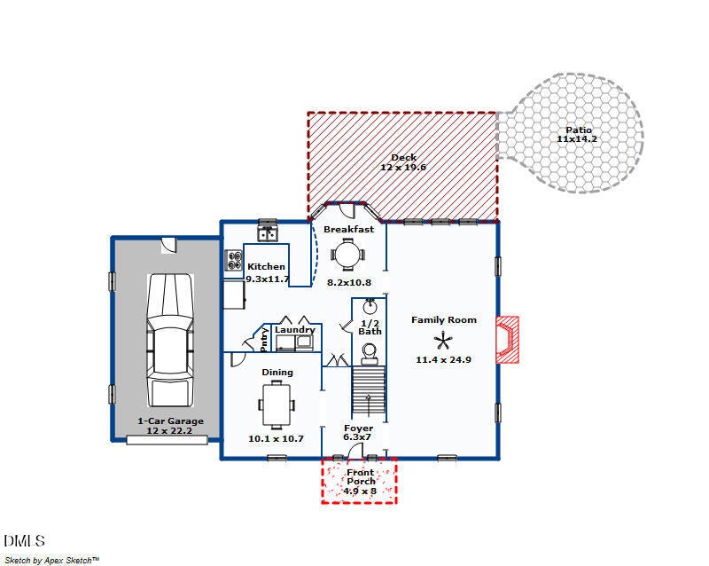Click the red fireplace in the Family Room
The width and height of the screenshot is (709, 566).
507,339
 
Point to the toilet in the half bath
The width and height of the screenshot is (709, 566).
370,357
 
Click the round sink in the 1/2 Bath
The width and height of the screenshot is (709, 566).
370,308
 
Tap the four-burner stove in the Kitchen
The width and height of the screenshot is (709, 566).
235,261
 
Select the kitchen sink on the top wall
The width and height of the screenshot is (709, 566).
267,233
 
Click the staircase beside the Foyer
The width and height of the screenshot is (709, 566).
370,395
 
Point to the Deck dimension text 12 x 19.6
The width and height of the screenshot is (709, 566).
403,167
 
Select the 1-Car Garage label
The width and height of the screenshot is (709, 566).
170,421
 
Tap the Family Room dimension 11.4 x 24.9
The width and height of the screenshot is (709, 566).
444,359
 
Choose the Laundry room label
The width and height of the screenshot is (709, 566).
294,330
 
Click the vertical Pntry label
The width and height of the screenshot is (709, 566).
265,340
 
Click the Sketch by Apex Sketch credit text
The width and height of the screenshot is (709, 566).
52,560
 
